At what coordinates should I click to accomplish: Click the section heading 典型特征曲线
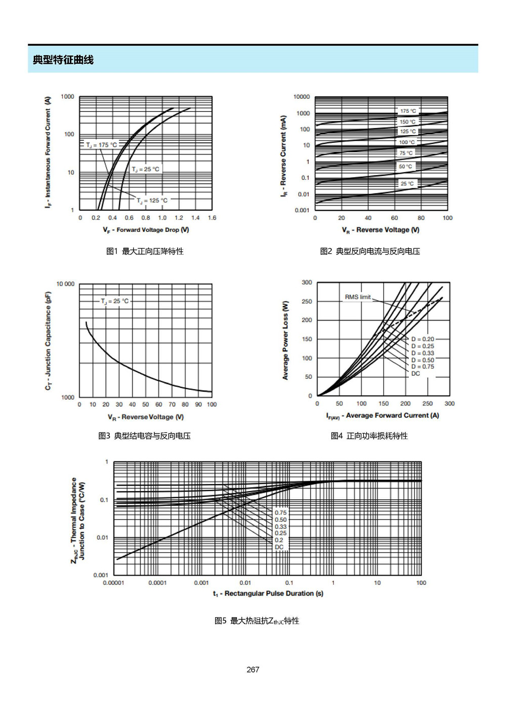pos(63,60)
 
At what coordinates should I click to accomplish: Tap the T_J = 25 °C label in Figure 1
pos(145,169)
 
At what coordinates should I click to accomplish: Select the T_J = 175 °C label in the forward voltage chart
pos(101,145)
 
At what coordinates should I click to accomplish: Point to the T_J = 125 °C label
pos(152,201)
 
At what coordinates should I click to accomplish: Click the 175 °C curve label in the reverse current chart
pos(408,111)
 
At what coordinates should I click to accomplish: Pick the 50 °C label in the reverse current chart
pos(405,166)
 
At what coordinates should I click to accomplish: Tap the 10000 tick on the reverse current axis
pos(302,97)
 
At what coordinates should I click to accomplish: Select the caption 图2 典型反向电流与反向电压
pos(370,251)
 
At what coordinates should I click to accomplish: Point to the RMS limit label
pos(357,297)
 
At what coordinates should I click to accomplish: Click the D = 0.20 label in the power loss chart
pos(423,339)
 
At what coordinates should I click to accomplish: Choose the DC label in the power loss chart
pos(415,373)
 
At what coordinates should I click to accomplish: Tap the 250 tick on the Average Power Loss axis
pos(307,301)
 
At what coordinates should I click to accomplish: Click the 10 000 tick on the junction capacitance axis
pos(65,284)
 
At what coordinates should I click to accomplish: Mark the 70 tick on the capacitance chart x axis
pos(172,405)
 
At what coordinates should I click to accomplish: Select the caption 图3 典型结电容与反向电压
pos(144,435)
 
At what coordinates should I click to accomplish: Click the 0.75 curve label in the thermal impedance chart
pos(280,513)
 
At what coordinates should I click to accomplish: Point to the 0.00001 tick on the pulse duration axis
pos(113,583)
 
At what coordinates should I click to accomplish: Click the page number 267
pos(253,669)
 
